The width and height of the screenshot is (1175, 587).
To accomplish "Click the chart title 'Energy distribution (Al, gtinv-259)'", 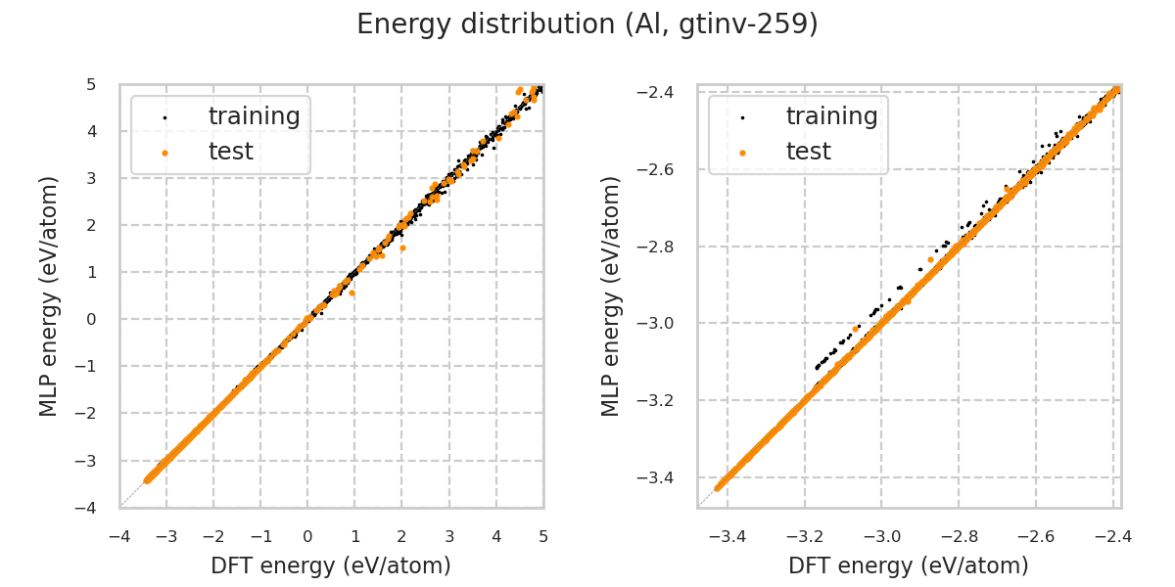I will pos(587,24).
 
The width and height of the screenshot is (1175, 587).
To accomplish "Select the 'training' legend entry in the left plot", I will pos(254,116).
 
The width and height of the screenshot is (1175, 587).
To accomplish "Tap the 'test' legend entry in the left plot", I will pos(230,152).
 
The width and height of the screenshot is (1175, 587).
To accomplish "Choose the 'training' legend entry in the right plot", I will pos(831,116).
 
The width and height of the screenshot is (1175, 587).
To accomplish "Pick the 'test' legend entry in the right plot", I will pos(808,152).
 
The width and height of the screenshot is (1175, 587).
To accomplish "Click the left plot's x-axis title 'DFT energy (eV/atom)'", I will pos(331,565).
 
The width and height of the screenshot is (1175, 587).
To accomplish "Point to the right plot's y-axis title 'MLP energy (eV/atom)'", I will pos(611,295).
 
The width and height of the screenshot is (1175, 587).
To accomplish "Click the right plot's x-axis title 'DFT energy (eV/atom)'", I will pos(909,565).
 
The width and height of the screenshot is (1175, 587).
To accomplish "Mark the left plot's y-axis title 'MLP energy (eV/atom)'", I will pos(49,295).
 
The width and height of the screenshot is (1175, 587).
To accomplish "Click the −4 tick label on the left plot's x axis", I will pos(119,537).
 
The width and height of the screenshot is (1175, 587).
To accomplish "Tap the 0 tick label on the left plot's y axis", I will pos(90,319).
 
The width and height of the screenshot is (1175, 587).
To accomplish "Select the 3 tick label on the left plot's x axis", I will pos(448,537).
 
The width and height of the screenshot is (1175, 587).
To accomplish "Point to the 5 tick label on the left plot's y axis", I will pos(90,84).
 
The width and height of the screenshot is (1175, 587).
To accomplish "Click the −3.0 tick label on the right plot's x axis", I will pos(880,537).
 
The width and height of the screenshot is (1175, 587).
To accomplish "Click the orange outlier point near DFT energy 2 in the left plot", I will pos(402,248).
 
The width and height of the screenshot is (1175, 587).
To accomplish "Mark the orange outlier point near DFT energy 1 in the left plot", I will pos(352,293).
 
